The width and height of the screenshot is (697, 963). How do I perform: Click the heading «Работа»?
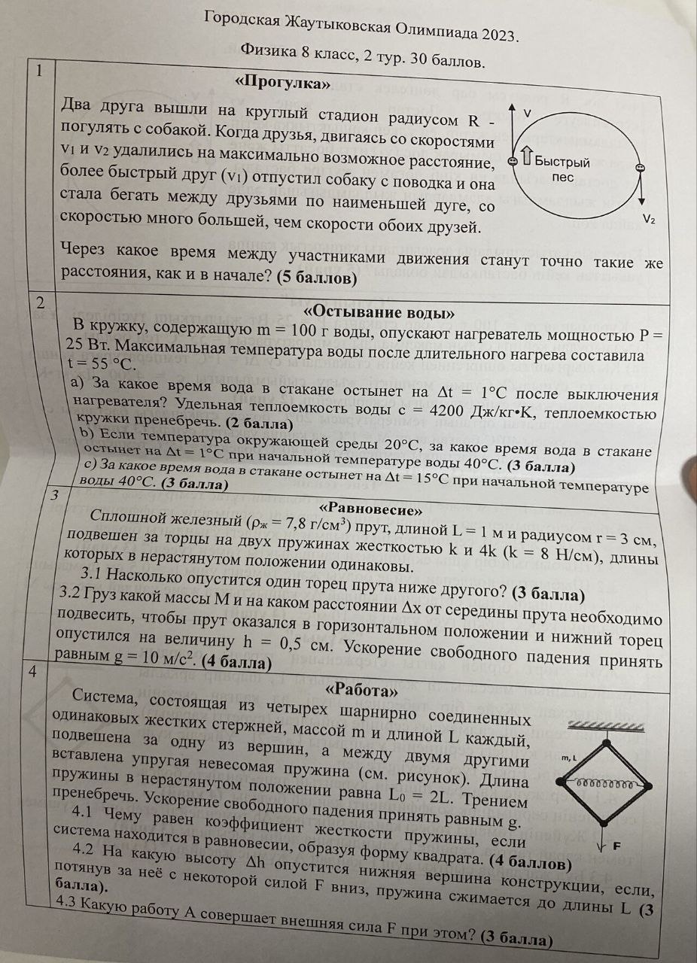coord(361,688)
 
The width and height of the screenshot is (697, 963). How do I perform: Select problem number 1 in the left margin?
coord(41,72)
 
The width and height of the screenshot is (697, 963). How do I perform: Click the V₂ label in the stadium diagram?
coord(649,219)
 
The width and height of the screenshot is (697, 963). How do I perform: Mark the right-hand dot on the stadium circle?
coord(640,168)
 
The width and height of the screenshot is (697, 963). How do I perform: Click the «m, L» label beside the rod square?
coord(568,758)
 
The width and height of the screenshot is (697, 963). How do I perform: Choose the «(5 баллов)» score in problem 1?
coord(317,278)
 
